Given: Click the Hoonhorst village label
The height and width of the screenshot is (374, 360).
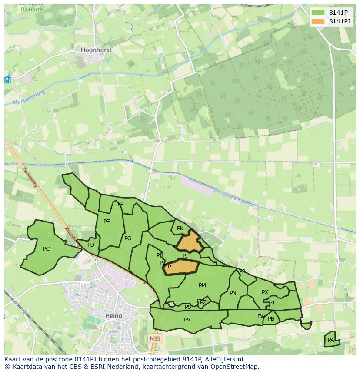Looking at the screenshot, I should [96, 50].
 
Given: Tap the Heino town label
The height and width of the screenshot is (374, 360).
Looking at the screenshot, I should [114, 316].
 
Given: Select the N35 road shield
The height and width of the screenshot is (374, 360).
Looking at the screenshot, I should [154, 338].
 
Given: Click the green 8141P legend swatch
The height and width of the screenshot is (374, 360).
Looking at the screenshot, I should [318, 13].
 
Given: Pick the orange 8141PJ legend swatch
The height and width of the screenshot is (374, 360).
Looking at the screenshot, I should [318, 21].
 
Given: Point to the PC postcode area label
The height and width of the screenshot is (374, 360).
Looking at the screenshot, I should [46, 249].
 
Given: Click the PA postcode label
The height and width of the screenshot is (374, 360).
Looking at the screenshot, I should [331, 340].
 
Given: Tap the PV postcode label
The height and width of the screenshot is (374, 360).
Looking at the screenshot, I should [187, 320].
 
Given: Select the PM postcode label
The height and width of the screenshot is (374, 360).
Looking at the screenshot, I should [202, 285].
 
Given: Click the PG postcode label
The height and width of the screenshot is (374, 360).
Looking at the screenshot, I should [128, 238].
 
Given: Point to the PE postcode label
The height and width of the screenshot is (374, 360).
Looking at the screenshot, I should [107, 222].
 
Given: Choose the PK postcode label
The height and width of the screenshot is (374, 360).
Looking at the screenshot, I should [180, 228].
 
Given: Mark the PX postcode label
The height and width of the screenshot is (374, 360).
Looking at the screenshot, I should [265, 292].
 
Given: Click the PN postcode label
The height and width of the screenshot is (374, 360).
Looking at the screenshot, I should [233, 293].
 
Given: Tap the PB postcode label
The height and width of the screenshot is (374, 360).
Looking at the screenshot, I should [271, 319].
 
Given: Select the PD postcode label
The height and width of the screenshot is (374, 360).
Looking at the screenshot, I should [91, 245].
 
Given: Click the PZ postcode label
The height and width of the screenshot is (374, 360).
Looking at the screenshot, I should [203, 302].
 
